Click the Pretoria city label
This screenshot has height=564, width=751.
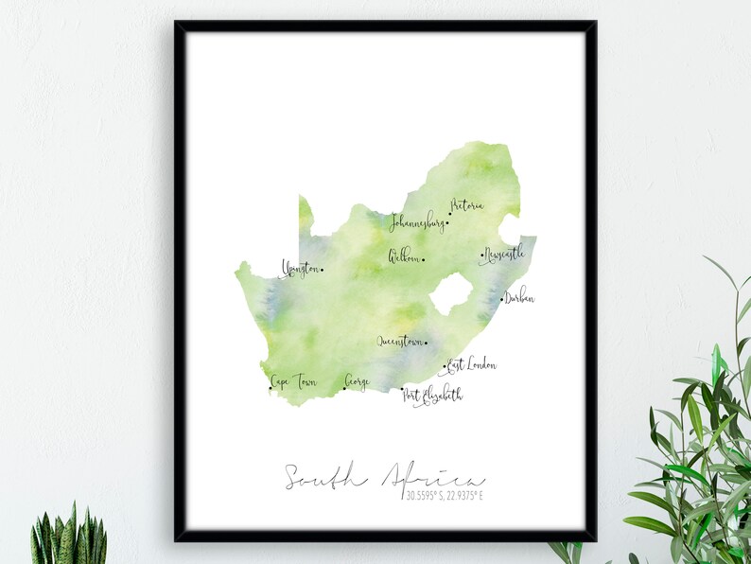point(467,205)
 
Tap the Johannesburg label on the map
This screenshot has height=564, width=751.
point(417,223)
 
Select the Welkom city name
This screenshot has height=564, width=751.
point(404,256)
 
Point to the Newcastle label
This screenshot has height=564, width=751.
point(503,255)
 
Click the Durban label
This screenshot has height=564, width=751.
point(519,299)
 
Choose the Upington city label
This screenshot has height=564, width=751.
point(300,270)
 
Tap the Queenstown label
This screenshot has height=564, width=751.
point(400,342)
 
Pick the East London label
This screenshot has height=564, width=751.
point(472,364)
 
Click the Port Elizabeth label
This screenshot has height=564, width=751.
point(434,395)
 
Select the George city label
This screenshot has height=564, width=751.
point(358,381)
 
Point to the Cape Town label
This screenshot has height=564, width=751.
point(294,382)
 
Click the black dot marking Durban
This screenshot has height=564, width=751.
point(502,300)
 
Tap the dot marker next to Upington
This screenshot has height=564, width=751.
point(322,270)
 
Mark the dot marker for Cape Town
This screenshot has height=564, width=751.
point(271,387)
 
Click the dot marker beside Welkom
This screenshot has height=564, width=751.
point(423,260)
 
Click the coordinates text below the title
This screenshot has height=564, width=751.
point(445,494)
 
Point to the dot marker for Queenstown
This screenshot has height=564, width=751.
point(426,344)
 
